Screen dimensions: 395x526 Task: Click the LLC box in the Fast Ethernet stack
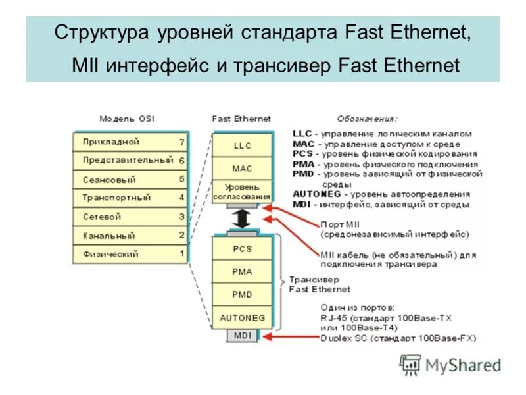(242, 145)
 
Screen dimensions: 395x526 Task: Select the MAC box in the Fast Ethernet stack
(242, 169)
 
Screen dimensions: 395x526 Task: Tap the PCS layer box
(242, 249)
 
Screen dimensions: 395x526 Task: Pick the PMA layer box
(242, 271)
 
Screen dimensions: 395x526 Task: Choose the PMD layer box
(242, 294)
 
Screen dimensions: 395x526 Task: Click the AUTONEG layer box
(242, 317)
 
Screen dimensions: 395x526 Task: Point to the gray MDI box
(242, 336)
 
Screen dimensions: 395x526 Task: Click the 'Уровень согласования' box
(242, 192)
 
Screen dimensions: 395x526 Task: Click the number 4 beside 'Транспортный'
(181, 197)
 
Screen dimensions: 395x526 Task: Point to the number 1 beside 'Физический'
(181, 253)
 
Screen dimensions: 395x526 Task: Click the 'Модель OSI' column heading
(127, 119)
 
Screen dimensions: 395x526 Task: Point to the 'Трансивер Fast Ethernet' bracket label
(320, 284)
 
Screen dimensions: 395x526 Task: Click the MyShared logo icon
(411, 364)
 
